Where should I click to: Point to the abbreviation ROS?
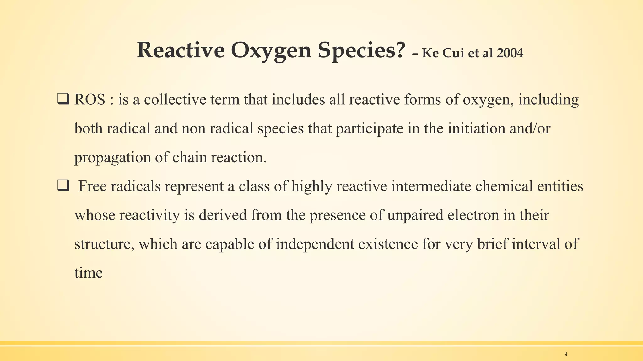click(90, 100)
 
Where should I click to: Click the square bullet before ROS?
click(63, 100)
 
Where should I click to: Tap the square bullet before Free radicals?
click(63, 186)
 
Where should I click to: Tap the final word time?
click(89, 273)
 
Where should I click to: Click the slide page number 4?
click(566, 354)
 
